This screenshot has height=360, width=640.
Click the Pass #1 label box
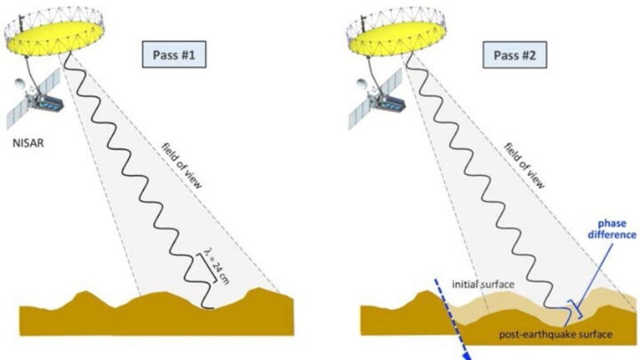point(174,54)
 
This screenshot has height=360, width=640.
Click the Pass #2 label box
point(515,54)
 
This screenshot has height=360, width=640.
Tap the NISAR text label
point(28,143)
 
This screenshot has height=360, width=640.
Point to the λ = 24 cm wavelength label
point(217,266)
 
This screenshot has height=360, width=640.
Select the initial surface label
point(483,284)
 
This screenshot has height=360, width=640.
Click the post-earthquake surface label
point(556,334)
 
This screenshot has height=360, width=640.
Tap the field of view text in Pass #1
point(181,165)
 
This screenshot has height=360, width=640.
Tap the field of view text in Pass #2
point(524,165)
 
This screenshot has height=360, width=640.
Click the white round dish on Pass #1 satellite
point(20,85)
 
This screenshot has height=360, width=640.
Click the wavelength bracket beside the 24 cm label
point(206,268)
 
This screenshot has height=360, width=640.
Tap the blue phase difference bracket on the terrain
point(574,309)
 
